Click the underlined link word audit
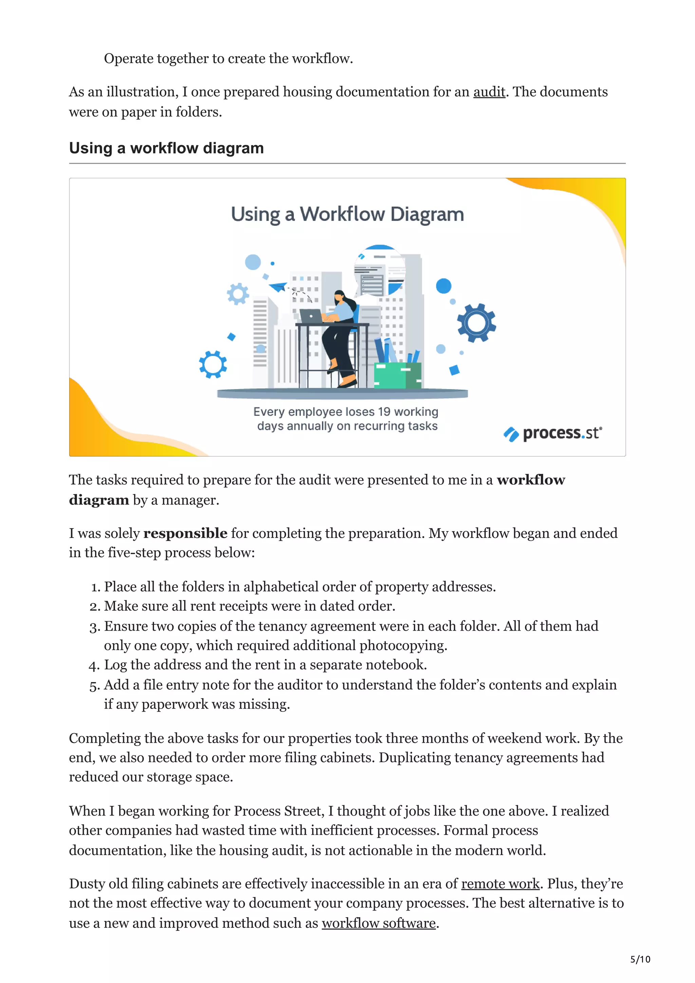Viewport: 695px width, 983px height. point(489,92)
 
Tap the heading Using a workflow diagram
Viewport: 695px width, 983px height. point(166,148)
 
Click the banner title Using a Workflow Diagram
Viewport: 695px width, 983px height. point(347,214)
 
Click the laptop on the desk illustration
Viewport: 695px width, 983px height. point(311,316)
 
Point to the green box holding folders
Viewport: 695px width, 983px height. point(397,375)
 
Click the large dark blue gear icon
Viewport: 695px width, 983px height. point(476,322)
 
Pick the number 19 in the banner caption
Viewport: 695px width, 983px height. point(384,412)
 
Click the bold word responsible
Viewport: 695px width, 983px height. point(185,534)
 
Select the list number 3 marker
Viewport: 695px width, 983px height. point(94,627)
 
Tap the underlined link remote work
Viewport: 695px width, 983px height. point(500,884)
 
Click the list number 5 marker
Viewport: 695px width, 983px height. point(94,686)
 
